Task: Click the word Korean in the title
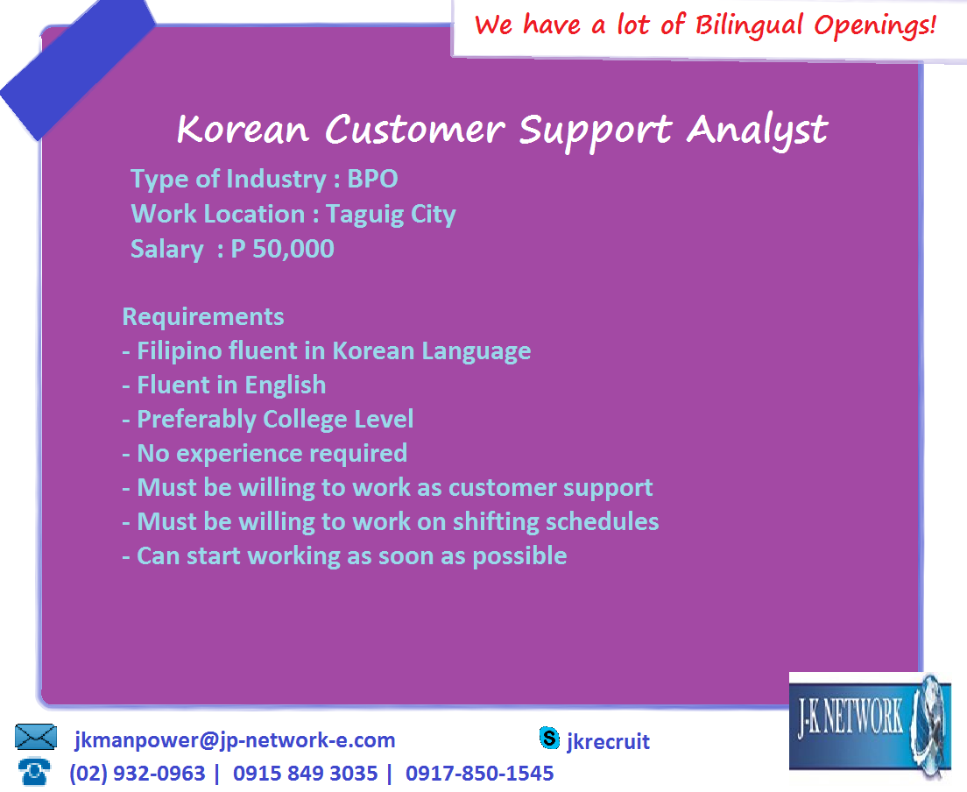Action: point(243,130)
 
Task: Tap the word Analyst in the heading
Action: point(757,130)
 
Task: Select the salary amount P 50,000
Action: point(282,249)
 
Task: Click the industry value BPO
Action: point(372,179)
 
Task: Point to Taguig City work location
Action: point(391,214)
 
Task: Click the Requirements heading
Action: point(203,316)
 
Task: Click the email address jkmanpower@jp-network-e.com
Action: point(235,740)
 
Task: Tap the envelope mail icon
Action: point(36,738)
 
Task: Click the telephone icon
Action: point(34,771)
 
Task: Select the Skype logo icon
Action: point(549,739)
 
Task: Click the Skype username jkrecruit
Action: point(609,742)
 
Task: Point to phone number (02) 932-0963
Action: point(138,774)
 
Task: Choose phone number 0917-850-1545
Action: point(479,774)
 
